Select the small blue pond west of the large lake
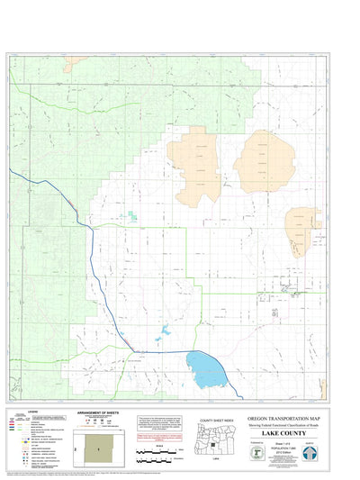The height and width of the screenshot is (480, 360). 162,338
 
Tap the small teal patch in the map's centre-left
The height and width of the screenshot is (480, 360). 131,215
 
